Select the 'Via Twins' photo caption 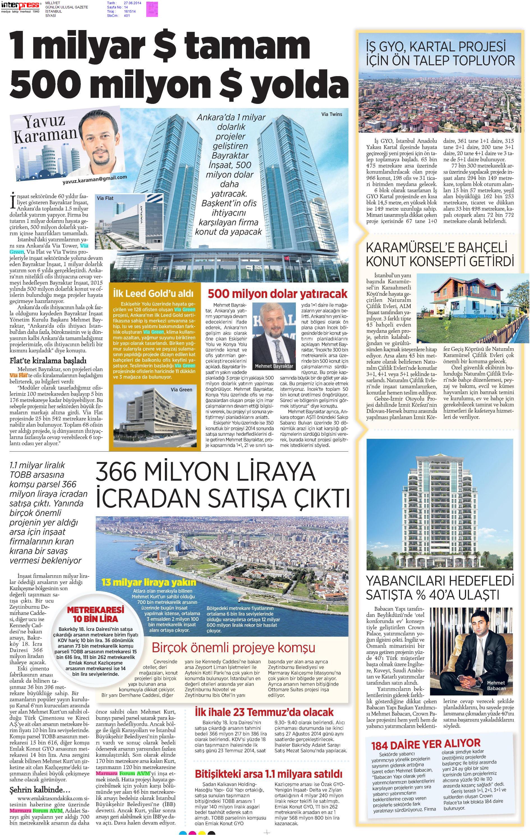coord(331,114)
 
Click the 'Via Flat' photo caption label coord(105,198)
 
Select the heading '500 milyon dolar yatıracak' coord(277,293)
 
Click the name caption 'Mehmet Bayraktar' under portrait coord(274,366)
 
